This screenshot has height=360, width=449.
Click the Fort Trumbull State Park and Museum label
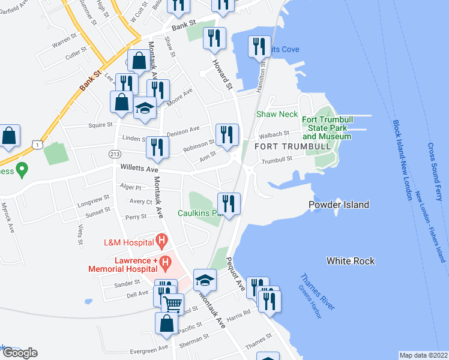(326, 128)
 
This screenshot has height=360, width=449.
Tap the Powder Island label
(339, 205)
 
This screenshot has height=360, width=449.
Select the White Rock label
(351, 261)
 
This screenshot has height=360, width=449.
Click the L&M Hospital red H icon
(161, 242)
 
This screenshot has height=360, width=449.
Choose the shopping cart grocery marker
(172, 305)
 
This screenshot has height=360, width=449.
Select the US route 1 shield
(38, 145)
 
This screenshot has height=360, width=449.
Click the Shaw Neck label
(277, 114)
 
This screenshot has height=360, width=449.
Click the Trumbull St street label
(276, 160)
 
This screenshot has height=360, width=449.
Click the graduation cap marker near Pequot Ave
(205, 280)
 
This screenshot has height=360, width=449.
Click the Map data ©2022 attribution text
(423, 355)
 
